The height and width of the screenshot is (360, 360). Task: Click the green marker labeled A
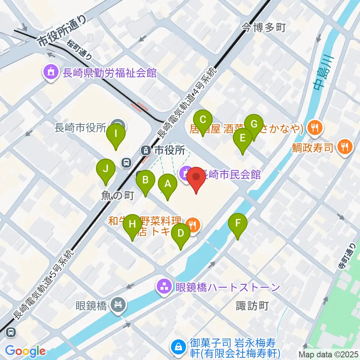168,184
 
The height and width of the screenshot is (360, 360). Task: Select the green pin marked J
106,169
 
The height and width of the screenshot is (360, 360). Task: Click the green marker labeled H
132,225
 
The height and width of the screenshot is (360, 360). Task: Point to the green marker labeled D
180,234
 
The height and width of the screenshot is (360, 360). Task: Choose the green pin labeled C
203,120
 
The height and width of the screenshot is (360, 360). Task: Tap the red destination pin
196,177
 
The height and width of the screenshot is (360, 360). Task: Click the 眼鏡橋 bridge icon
118,304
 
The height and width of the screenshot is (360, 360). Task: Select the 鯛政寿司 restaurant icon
345,146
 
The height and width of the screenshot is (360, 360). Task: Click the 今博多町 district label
264,27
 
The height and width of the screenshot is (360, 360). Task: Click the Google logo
25,351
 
